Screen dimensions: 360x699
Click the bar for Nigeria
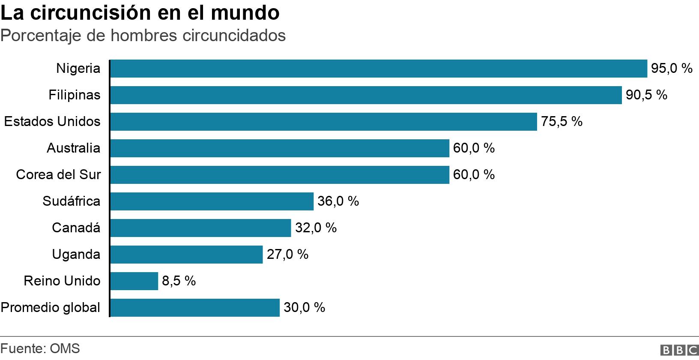[378, 69]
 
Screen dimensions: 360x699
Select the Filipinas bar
[365, 95]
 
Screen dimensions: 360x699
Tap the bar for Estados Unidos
[323, 122]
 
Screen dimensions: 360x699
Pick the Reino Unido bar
[134, 281]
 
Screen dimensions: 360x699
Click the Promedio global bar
[195, 308]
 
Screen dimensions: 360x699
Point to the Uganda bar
[186, 255]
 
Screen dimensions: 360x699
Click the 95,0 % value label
[671, 69]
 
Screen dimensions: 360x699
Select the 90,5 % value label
[646, 95]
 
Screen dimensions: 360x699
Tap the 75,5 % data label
[561, 122]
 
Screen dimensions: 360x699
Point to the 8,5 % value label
[179, 281]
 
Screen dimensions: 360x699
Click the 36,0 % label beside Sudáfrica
[338, 201]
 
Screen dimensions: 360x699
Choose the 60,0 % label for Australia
[473, 148]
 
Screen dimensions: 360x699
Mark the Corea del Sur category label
[58, 175]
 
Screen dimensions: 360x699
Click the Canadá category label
[76, 228]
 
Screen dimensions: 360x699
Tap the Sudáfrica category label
[71, 201]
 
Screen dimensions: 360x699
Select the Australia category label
[73, 148]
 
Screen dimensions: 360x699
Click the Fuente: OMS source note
[40, 348]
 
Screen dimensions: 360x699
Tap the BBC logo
[679, 350]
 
